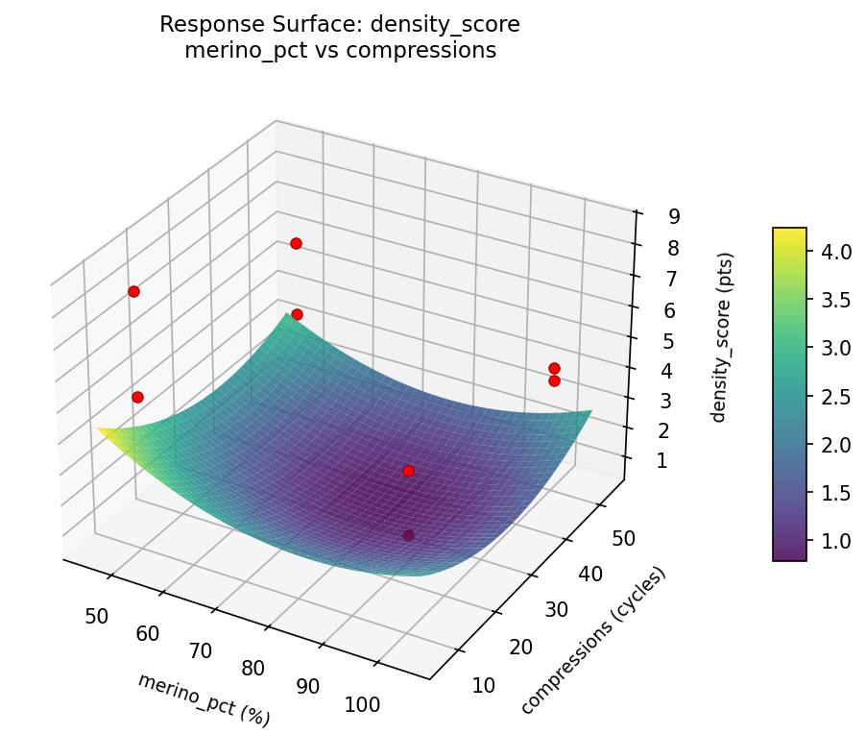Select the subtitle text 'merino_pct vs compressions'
point(340,51)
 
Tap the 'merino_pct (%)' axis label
point(204,698)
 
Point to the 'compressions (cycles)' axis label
point(592,640)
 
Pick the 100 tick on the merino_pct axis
point(361,705)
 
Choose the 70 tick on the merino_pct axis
point(200,650)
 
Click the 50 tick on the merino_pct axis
point(96,616)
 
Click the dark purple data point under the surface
point(409,535)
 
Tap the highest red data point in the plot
point(296,243)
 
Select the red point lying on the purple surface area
point(408,471)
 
